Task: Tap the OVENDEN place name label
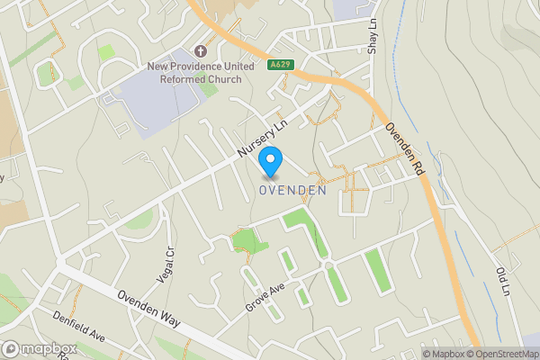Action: [292, 190]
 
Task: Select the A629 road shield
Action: [280, 65]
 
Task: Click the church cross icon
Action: [199, 50]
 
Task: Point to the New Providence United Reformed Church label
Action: [195, 73]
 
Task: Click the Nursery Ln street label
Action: [261, 142]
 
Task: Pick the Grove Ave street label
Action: [265, 296]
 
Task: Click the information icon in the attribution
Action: [413, 354]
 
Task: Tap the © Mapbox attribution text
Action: [442, 354]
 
